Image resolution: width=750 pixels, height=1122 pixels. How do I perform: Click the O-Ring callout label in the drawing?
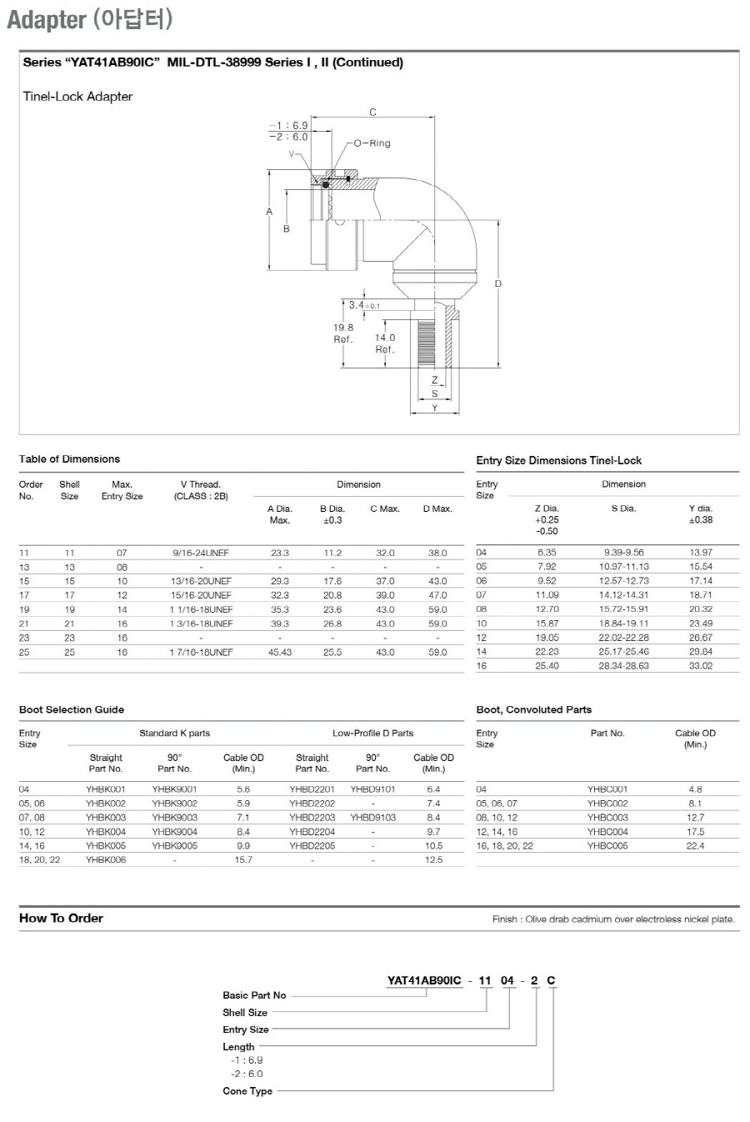point(372,143)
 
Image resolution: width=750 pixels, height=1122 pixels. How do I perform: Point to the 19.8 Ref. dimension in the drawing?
point(343,333)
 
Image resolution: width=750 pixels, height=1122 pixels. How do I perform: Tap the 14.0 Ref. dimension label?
point(385,343)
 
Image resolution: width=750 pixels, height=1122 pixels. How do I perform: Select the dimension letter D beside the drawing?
point(497,283)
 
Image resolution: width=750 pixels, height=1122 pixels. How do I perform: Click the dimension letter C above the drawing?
point(372,113)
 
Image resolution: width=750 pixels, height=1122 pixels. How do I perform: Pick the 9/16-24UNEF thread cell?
point(201,553)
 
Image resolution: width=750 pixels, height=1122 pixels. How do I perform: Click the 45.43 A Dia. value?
point(279,652)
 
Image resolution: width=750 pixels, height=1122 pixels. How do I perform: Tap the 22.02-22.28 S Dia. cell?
point(623,638)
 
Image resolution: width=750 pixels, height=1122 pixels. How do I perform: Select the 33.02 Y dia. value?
point(701,666)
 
